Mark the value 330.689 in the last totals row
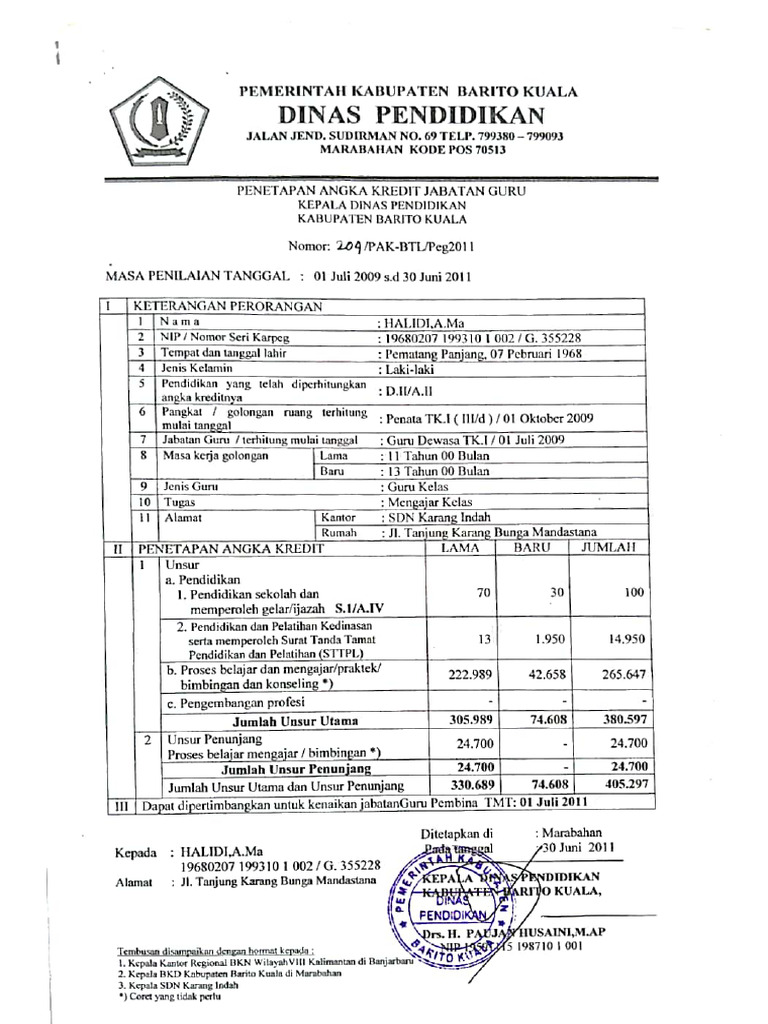point(465,786)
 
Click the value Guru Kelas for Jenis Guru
point(413,486)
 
